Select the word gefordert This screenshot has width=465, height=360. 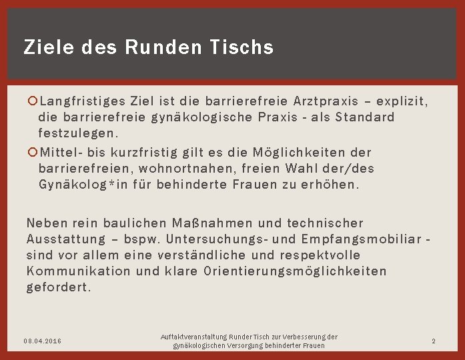click(59, 287)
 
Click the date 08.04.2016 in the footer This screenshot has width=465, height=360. click(43, 341)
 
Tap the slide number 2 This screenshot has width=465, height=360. click(433, 341)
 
